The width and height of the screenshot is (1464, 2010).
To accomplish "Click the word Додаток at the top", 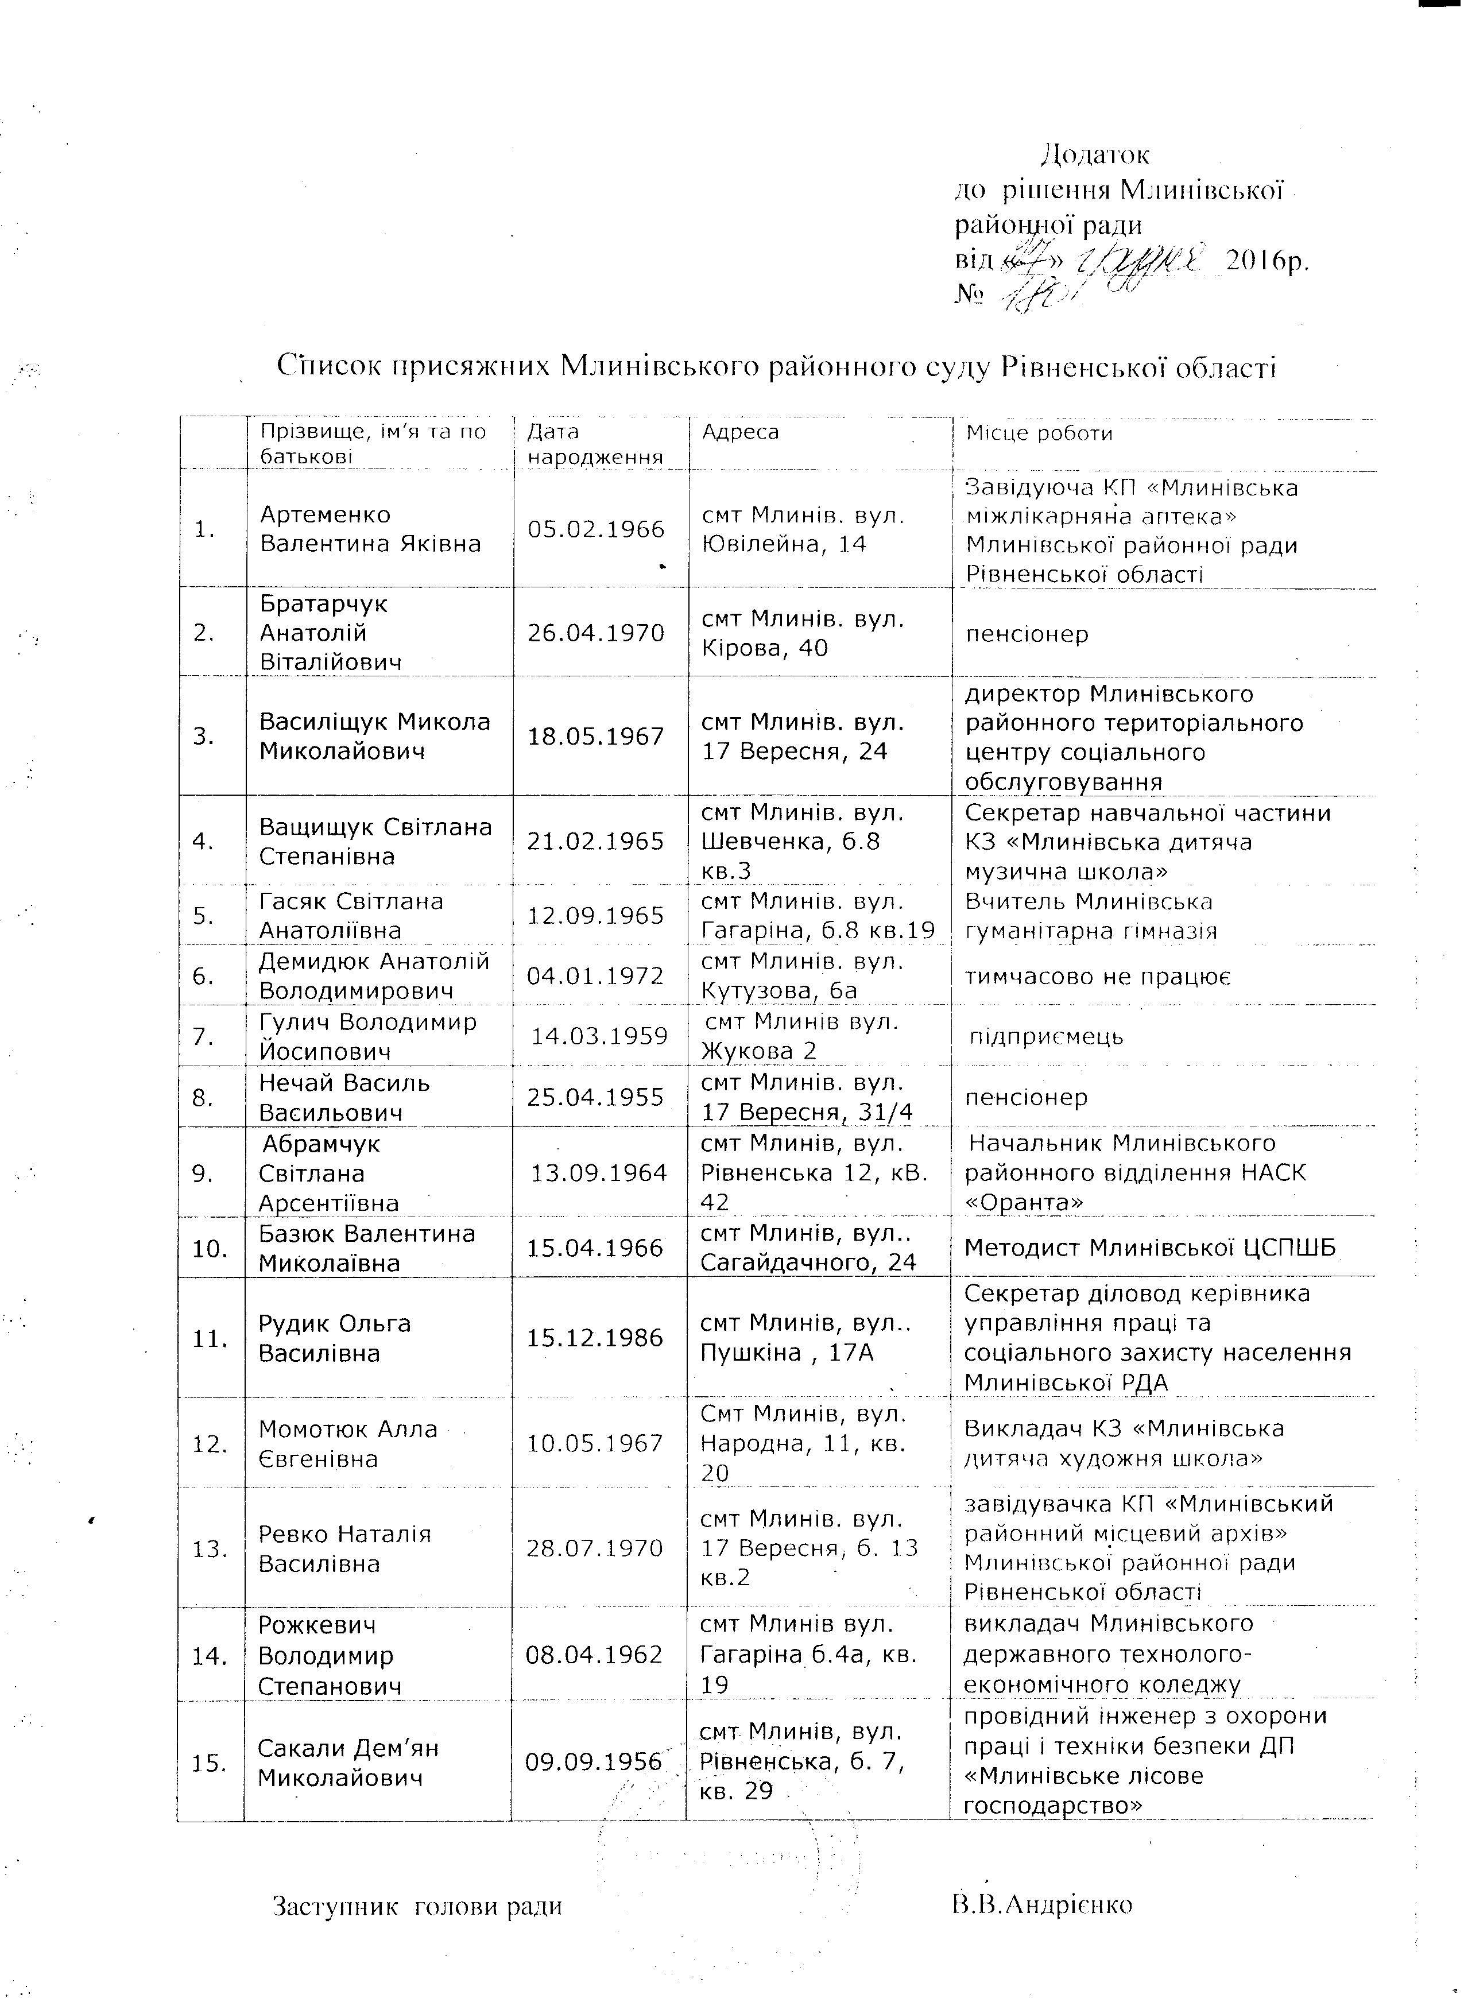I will pyautogui.click(x=1095, y=155).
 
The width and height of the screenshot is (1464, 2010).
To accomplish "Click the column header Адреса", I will pyautogui.click(x=740, y=432).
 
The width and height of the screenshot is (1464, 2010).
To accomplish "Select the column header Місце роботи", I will pyautogui.click(x=1039, y=433).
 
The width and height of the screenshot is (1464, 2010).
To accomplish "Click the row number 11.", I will pyautogui.click(x=210, y=1338).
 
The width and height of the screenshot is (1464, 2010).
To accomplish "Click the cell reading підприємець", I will pyautogui.click(x=1047, y=1036).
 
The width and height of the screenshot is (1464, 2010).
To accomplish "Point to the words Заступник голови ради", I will pyautogui.click(x=416, y=1906).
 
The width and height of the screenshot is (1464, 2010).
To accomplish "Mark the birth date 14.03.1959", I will pyautogui.click(x=599, y=1036).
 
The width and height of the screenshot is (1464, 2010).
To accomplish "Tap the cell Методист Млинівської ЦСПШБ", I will pyautogui.click(x=1149, y=1248).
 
